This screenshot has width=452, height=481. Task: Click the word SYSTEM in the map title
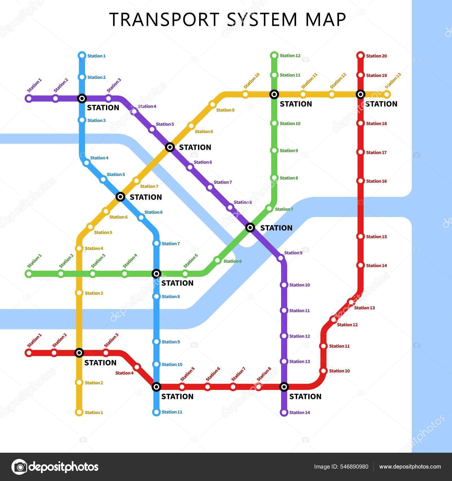pos(262,19)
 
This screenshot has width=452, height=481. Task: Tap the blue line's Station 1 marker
pos(82,55)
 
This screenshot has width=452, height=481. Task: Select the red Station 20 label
pos(376,56)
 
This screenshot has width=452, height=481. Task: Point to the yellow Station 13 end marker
pos(387,94)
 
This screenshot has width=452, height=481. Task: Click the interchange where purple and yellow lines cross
pos(170,147)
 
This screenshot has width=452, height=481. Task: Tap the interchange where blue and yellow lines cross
pos(121,196)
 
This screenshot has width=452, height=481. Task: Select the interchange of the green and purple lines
pos(250,227)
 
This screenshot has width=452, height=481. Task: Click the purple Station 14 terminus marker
pos(284,412)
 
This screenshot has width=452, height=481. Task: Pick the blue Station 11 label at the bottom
pos(172,412)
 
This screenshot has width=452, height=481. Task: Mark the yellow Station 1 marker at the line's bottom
pos(79,412)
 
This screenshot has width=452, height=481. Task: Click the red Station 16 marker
pos(360,181)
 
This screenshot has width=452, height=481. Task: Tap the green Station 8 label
pos(289,178)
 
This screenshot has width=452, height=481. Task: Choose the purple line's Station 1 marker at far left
pos(29,98)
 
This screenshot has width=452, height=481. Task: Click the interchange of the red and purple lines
pos(284,387)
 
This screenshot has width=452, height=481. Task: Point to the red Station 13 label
pos(364,308)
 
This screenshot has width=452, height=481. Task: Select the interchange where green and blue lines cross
pos(156,274)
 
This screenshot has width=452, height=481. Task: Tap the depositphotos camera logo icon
pos(19,467)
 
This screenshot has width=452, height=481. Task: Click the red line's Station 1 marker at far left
pos(29,353)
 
